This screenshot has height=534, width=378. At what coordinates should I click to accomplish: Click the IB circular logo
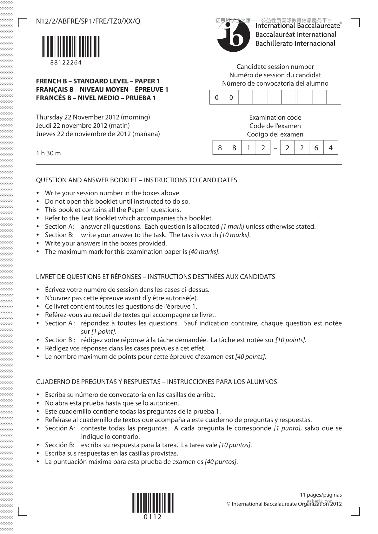(x=234, y=37)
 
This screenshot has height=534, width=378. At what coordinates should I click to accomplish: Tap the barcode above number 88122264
(x=71, y=47)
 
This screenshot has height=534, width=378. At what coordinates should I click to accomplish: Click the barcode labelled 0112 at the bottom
(x=153, y=503)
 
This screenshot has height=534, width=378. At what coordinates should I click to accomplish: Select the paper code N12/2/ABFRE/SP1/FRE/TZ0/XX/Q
(x=88, y=21)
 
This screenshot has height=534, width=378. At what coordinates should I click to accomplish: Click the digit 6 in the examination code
(x=316, y=148)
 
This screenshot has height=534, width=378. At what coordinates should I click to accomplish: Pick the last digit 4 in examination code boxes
(x=330, y=148)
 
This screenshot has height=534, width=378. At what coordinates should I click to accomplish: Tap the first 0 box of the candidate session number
(x=217, y=97)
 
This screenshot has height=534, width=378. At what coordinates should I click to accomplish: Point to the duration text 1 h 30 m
(x=48, y=153)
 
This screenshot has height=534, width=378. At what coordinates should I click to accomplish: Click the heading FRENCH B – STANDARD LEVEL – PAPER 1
(x=98, y=81)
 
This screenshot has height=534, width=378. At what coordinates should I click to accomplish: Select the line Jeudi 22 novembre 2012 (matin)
(x=83, y=126)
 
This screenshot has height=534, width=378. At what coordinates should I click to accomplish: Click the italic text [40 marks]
(x=203, y=252)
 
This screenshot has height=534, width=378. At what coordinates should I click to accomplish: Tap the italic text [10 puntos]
(x=235, y=445)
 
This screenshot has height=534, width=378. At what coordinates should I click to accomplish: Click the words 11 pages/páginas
(x=321, y=495)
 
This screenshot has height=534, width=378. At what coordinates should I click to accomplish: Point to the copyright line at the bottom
(x=284, y=504)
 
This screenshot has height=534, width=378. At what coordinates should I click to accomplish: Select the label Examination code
(x=275, y=118)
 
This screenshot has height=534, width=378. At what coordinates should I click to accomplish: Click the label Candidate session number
(x=275, y=67)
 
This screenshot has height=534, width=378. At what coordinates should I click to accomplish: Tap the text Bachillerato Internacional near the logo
(x=295, y=44)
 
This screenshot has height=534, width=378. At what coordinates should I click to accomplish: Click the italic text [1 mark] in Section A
(x=232, y=227)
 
